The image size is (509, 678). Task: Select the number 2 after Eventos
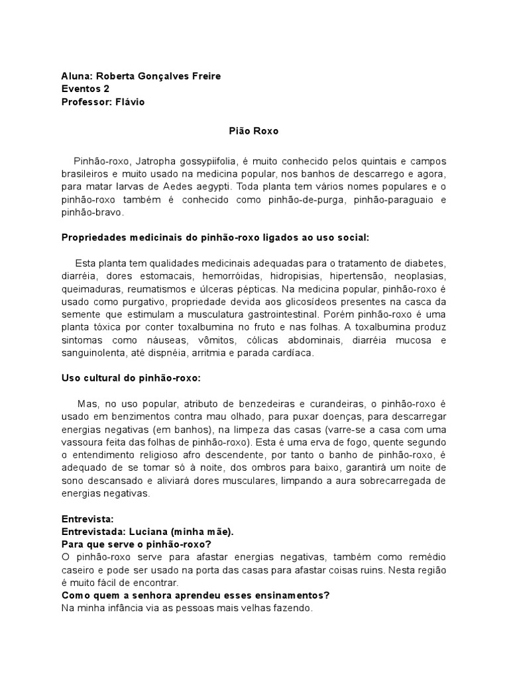(x=107, y=89)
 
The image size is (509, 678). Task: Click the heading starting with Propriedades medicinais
(x=217, y=238)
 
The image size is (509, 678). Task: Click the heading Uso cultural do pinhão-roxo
(x=131, y=378)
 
